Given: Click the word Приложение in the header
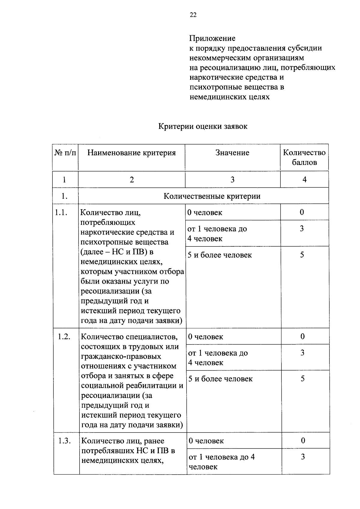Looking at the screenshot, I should tap(212, 38).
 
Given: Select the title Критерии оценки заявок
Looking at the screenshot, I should tap(203, 126).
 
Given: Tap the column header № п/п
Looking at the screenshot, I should tap(65, 153).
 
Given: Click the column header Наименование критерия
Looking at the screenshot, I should tap(131, 153).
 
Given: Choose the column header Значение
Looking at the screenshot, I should tap(232, 153).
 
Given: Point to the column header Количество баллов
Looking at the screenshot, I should tap(304, 157).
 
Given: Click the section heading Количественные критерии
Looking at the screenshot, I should tap(212, 196).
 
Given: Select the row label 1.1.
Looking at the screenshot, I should tap(61, 213).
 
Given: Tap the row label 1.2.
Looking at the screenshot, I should tap(64, 337).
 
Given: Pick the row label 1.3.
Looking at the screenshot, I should tap(64, 441).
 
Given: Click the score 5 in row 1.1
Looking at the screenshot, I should tap(302, 255).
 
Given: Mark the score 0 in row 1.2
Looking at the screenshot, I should tap(302, 336).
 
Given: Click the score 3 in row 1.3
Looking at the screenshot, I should tap(303, 457).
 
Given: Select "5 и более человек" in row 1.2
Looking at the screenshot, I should tap(220, 379).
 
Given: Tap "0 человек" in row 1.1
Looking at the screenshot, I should tap(205, 213).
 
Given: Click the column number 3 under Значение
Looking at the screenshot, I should tap(232, 180).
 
